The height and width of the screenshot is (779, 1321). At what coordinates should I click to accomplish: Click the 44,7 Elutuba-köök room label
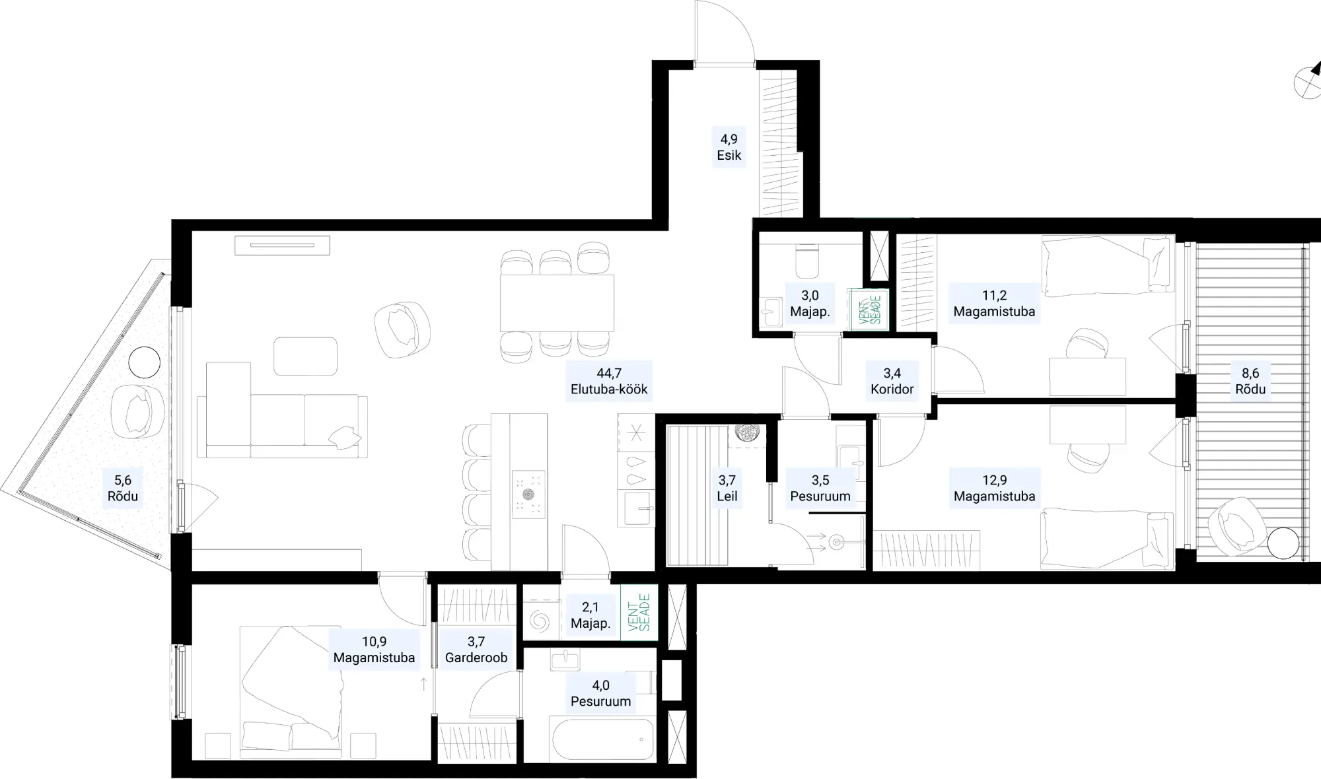609,382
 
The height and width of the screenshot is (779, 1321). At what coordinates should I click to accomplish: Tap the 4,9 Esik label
729,147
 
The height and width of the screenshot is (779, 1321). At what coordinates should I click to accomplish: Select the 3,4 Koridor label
892,382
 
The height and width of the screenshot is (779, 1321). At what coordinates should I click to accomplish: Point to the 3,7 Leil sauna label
727,489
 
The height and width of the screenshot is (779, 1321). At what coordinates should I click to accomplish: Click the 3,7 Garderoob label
476,650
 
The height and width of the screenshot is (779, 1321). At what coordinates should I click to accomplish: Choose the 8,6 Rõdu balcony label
1250,382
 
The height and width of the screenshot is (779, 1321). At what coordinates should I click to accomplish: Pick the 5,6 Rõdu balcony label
123,489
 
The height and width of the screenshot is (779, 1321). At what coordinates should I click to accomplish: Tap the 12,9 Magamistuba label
994,489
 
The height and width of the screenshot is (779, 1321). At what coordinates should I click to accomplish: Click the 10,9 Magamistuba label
374,650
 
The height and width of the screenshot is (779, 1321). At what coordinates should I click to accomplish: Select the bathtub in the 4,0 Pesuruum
603,739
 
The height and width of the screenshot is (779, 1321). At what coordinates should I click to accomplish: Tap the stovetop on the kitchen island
528,494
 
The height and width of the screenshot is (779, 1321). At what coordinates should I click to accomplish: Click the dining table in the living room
557,303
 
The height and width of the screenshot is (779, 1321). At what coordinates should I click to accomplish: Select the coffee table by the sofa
305,356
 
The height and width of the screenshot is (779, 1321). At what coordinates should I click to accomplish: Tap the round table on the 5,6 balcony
144,362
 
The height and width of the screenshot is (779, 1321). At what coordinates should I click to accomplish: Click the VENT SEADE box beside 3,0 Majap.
869,309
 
